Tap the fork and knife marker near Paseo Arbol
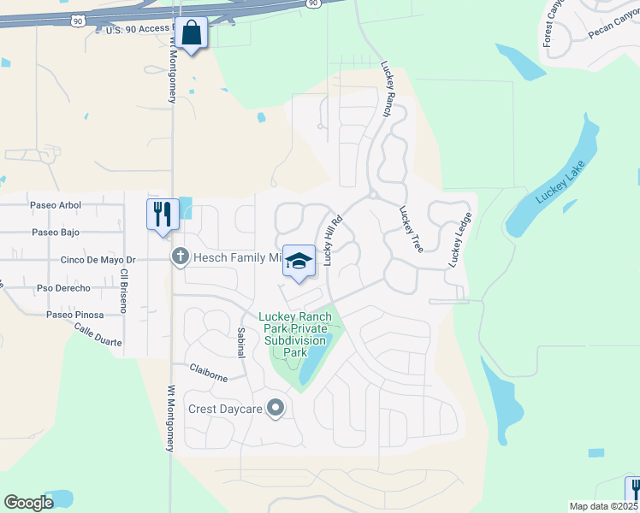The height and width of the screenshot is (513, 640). click(162, 214)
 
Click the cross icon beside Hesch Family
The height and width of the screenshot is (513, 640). click(180, 256)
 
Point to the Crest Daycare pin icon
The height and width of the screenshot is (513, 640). click(276, 409)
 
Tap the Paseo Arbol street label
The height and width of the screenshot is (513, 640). click(55, 205)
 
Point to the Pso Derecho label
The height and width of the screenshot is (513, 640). click(63, 288)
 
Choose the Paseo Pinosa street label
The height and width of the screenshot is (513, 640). click(77, 315)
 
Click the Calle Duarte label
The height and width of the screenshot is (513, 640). click(98, 334)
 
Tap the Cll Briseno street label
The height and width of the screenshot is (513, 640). click(124, 291)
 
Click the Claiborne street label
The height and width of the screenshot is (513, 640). click(208, 372)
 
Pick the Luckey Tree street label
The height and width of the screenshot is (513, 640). click(411, 228)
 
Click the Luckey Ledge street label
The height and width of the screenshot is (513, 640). click(459, 240)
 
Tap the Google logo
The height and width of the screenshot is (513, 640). click(28, 502)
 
